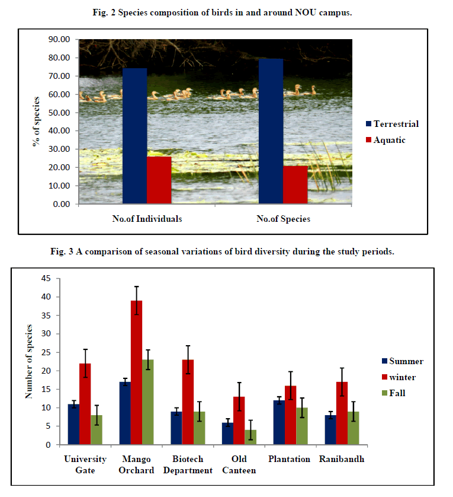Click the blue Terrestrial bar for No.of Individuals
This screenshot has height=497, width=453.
(134, 136)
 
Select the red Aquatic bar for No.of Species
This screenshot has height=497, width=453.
(295, 184)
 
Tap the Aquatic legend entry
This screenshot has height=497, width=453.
(388, 140)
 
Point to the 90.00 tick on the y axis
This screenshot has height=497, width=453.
(60, 40)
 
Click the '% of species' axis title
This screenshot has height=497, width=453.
(37, 122)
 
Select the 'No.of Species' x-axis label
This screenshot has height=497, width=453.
(283, 219)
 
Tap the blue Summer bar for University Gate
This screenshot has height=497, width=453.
(73, 424)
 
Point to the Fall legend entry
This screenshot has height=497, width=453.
(397, 393)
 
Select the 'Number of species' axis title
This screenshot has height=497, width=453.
(28, 361)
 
